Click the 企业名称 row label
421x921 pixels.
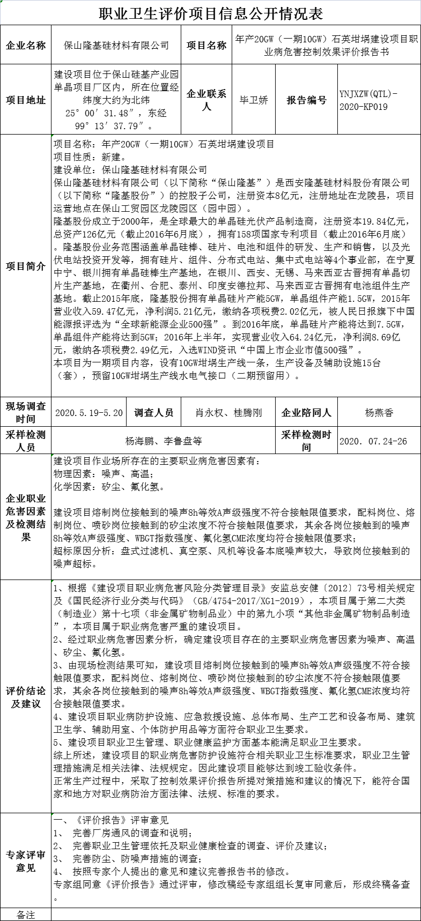[x=26, y=46]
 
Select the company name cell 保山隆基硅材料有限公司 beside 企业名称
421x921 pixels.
[x=116, y=46]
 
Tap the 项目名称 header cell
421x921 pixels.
[x=206, y=46]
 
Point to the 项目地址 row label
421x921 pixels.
[x=26, y=100]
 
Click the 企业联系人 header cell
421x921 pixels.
[x=206, y=100]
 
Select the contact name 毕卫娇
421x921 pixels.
[x=254, y=100]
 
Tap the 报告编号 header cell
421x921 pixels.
[x=306, y=100]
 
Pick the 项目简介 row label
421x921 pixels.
[x=26, y=266]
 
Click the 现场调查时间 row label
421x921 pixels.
[x=26, y=412]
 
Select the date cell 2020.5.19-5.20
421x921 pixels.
[x=89, y=413]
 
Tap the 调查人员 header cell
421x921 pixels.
[x=154, y=413]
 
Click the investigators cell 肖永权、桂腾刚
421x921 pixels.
[x=228, y=413]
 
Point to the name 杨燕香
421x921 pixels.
[x=379, y=413]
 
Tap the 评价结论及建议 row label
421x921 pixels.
[x=26, y=696]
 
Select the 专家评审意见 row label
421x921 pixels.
[x=26, y=861]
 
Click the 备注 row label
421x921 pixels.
[x=26, y=915]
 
